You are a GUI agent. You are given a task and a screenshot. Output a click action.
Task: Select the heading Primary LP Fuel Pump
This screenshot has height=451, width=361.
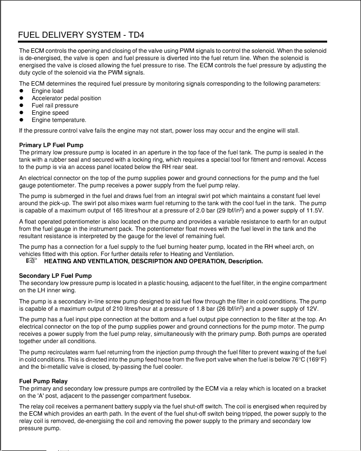pos(51,145)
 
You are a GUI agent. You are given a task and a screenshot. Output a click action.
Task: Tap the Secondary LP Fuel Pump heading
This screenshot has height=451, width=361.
pos(55,276)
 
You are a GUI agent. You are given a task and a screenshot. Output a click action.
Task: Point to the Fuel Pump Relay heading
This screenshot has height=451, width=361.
pos(43,381)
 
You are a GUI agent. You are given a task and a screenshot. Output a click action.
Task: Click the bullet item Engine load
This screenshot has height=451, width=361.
pos(47,91)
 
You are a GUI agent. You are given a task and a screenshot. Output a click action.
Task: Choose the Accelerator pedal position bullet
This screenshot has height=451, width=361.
pos(66,98)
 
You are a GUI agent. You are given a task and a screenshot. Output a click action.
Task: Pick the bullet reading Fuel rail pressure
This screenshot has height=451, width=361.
pos(55,105)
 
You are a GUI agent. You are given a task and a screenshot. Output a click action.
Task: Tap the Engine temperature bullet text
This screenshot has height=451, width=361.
pos(59,120)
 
